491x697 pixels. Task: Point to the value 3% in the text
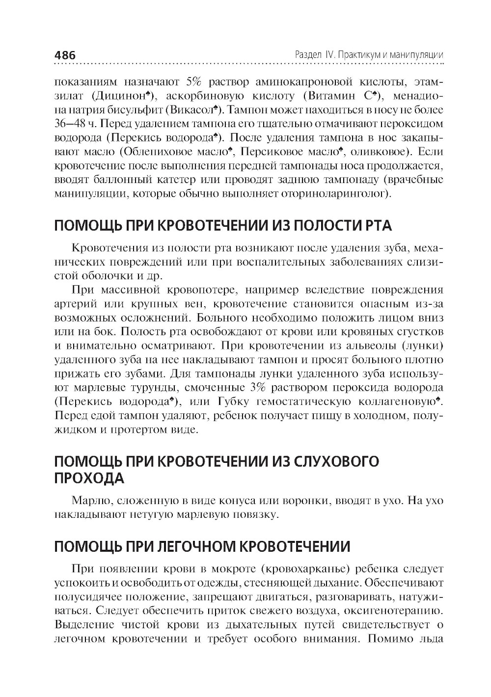pyautogui.click(x=258, y=388)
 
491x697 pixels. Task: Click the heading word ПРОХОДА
pyautogui.click(x=88, y=478)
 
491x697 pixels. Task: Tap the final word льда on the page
pyautogui.click(x=430, y=639)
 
